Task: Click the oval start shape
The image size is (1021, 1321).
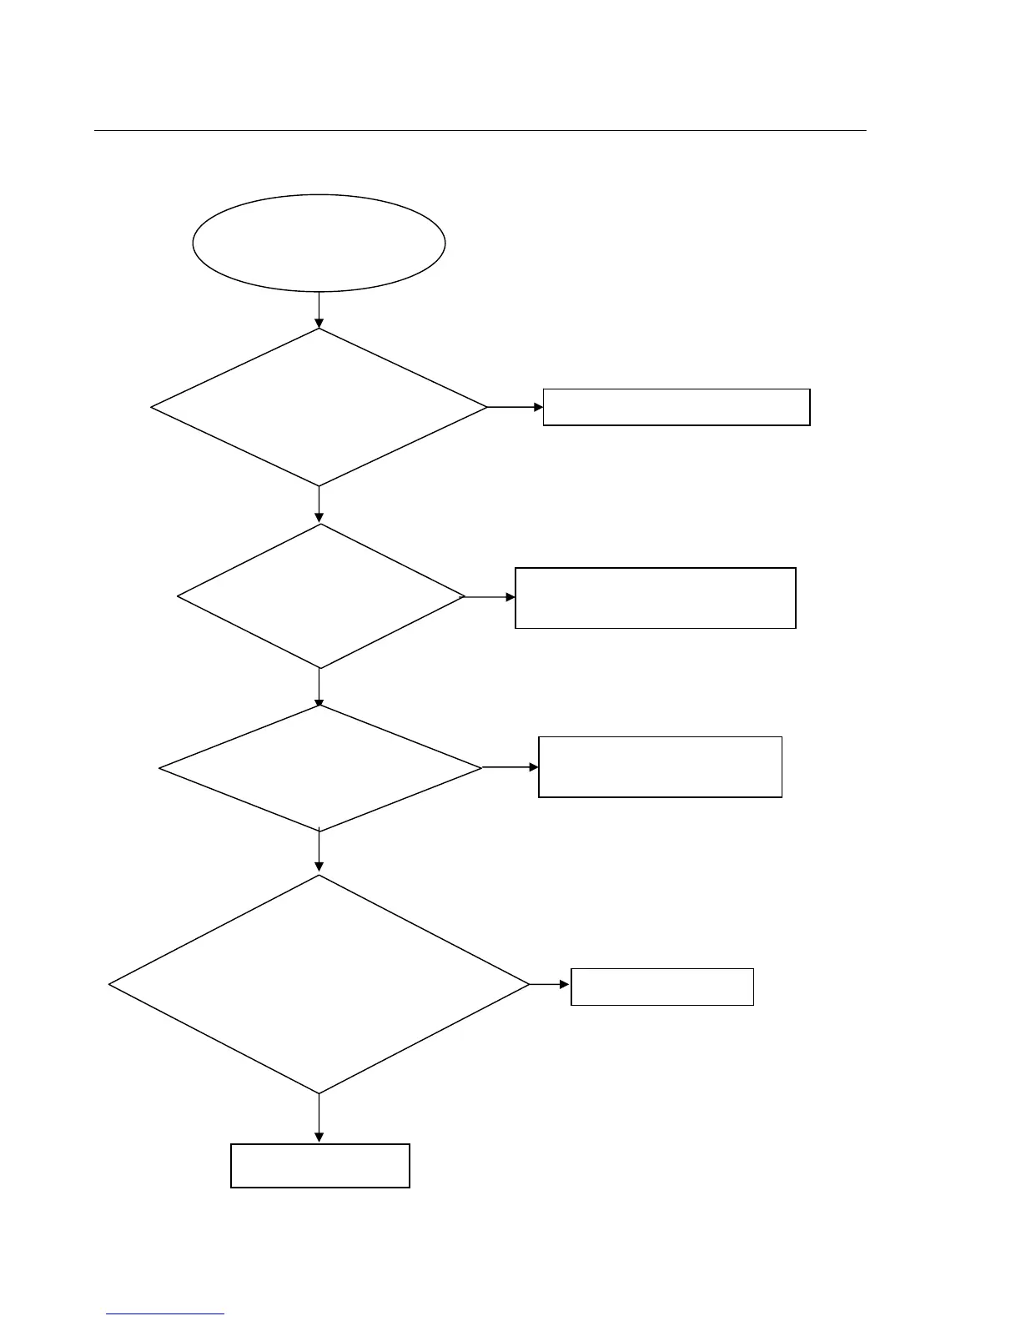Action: click(x=319, y=244)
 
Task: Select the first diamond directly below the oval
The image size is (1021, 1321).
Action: click(x=319, y=407)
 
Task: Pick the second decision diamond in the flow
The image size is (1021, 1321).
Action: click(x=320, y=596)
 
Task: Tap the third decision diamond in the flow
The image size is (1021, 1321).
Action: click(x=320, y=768)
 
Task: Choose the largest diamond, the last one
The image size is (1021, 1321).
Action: click(x=319, y=984)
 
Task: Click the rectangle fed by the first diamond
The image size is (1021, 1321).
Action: click(x=676, y=407)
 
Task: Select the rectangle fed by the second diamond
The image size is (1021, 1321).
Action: click(x=656, y=598)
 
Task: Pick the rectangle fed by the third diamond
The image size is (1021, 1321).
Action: click(x=660, y=767)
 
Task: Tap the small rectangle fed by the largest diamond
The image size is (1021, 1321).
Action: click(x=662, y=987)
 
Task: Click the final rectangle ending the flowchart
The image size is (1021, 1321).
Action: click(x=320, y=1166)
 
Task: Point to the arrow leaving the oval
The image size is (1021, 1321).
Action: click(x=319, y=309)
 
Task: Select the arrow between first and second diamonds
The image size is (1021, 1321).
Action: click(x=319, y=505)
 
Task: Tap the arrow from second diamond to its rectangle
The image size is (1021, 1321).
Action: click(x=490, y=597)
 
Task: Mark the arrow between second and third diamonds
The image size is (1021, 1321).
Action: click(x=319, y=687)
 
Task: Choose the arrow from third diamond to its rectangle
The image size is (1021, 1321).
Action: click(x=510, y=767)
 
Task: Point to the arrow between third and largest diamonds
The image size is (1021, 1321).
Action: click(x=319, y=852)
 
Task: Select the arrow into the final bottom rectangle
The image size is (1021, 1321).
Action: click(x=319, y=1118)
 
